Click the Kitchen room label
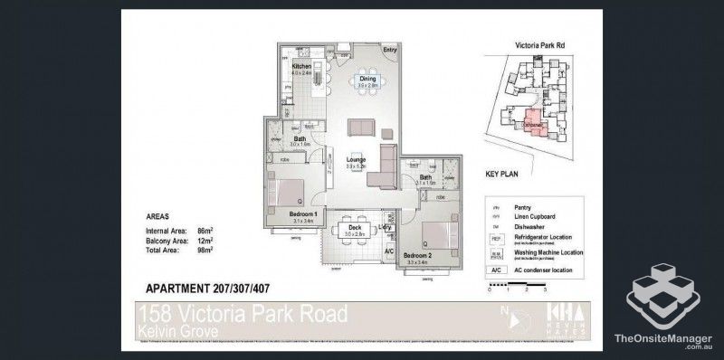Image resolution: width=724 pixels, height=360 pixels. (301, 67)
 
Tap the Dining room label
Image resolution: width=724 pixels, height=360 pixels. (367, 80)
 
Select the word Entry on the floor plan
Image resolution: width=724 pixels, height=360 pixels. (390, 50)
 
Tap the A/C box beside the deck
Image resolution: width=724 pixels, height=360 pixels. (389, 251)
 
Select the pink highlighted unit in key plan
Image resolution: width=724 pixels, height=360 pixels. (533, 122)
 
